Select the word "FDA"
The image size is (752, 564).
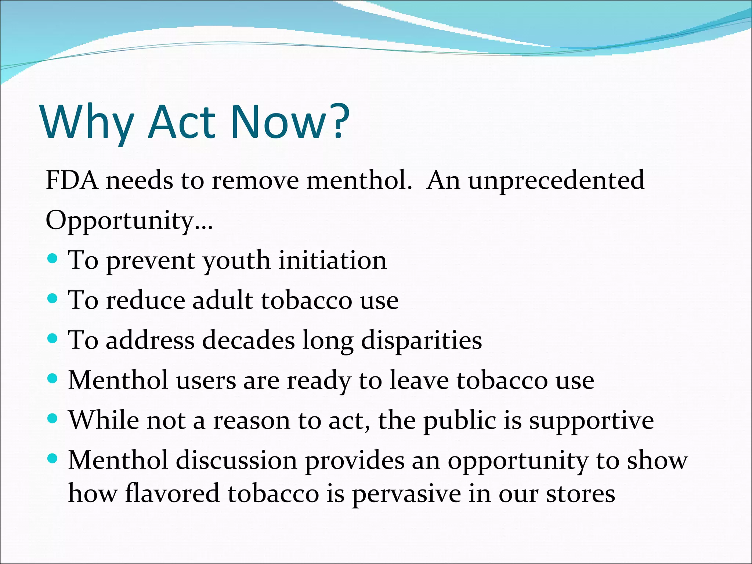pos(72,181)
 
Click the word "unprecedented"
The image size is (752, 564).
pos(556,181)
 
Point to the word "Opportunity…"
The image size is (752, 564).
pos(129,221)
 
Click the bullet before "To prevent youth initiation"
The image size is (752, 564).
pos(53,258)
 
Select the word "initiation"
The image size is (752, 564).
pos(332,260)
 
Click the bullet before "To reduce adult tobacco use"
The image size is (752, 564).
pos(53,298)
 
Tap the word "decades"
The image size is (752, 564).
pos(248,340)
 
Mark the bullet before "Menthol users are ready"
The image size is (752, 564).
pos(53,378)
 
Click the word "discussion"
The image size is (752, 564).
pos(236,460)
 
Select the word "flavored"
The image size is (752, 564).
pos(172,493)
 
